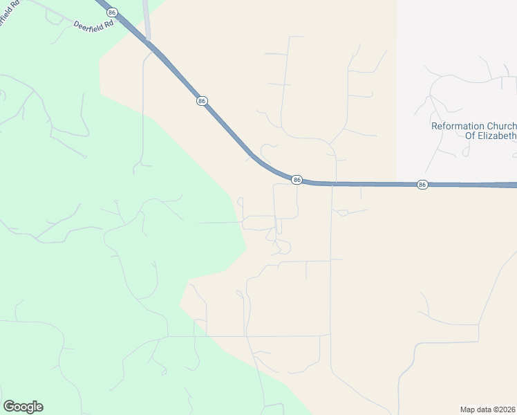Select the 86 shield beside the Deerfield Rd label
[x=113, y=12]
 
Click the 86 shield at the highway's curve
[x=297, y=180]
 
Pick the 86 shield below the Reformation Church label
[x=422, y=185]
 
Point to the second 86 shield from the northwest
[x=201, y=101]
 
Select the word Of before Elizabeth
[x=471, y=136]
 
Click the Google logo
[x=23, y=407]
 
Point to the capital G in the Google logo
[x=8, y=406]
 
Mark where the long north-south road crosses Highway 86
[x=335, y=183]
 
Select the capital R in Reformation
[x=435, y=126]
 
